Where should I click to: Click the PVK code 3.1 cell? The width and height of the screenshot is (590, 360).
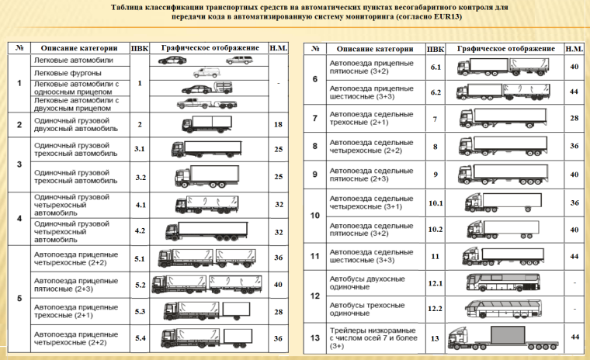tap(140, 149)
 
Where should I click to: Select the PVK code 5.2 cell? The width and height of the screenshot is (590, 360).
tap(140, 285)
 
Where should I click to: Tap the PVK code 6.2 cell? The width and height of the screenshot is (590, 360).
tap(436, 92)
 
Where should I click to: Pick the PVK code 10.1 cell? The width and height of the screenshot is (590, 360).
tap(436, 203)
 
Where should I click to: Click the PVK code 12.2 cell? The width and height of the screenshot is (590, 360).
tap(436, 309)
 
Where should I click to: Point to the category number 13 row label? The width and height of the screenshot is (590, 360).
tap(315, 337)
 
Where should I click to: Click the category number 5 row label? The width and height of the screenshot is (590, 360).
tap(19, 298)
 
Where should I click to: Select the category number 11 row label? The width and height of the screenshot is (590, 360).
tap(315, 256)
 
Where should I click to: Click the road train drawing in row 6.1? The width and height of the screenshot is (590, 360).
tap(505, 67)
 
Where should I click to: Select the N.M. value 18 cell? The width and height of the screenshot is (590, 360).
tap(278, 124)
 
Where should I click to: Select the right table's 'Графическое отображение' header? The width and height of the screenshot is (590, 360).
tap(505, 48)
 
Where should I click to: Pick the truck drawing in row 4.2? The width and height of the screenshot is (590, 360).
tap(208, 230)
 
